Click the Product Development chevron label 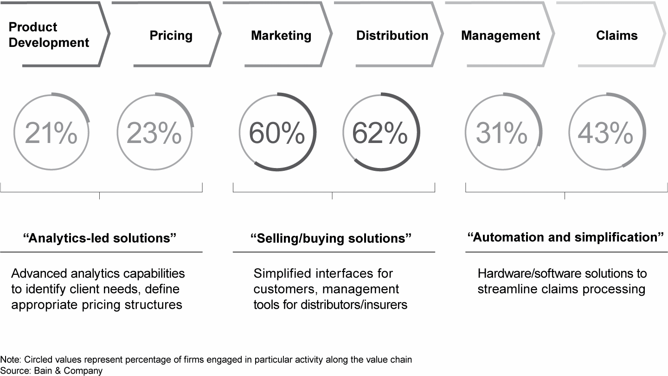point(49,35)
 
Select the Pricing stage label point(171,36)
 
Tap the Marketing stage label point(281,36)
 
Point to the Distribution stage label point(392,36)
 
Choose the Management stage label point(501,36)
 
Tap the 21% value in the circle point(51,133)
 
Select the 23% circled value point(154,133)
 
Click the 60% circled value point(277,133)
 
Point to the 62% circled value point(380,133)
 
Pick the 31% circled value point(502,133)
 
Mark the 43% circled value point(605,133)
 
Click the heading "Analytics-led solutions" point(100,238)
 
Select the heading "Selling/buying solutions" point(331,238)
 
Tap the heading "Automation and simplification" point(565,237)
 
